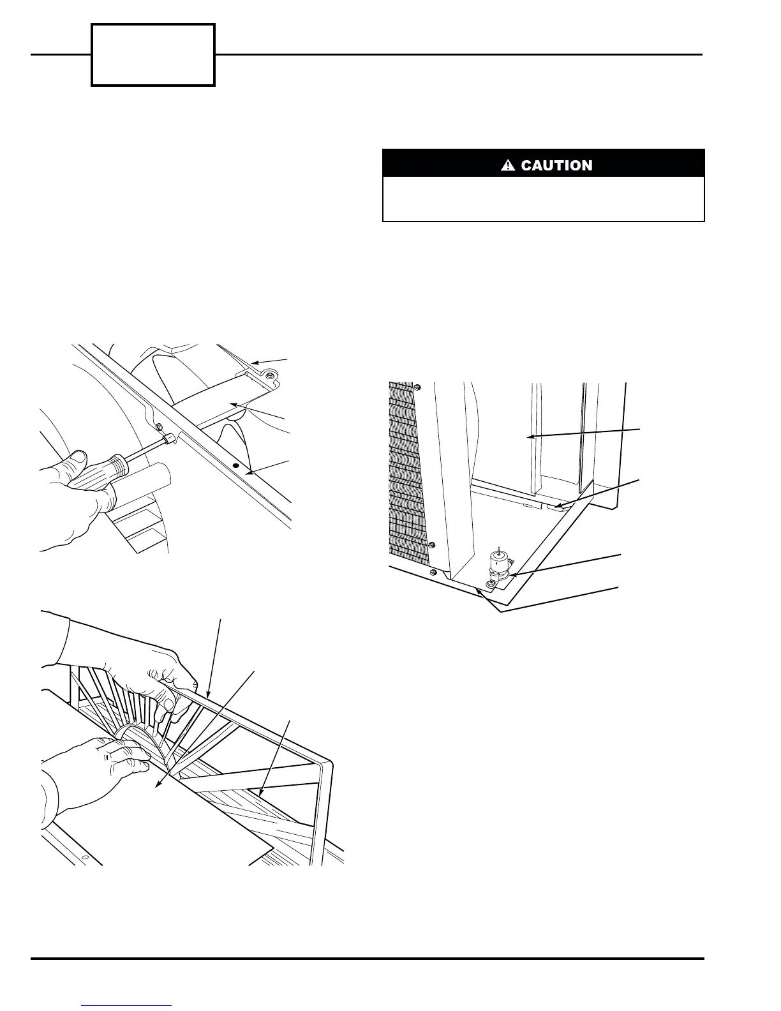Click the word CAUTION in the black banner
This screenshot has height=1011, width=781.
(556, 166)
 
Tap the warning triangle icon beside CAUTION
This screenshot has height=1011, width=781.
(508, 166)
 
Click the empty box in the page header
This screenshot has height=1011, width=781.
(153, 55)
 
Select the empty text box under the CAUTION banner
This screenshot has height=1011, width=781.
(543, 198)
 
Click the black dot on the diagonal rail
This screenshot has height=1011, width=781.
(236, 467)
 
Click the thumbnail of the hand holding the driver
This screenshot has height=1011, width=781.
(77, 459)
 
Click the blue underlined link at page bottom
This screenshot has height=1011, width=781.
(127, 1005)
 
